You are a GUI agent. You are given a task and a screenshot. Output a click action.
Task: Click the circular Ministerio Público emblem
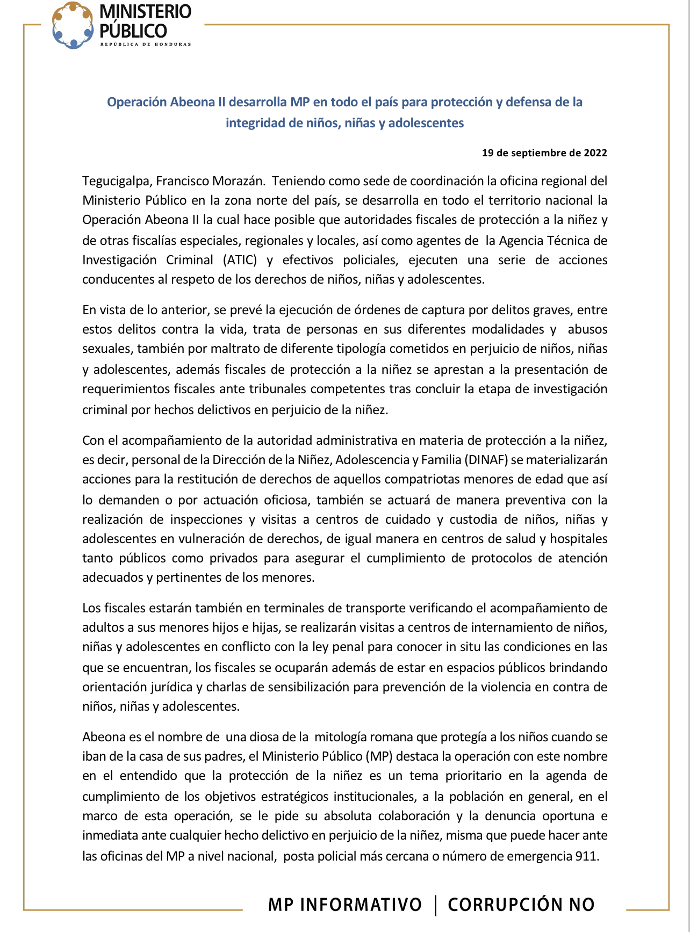tap(73, 25)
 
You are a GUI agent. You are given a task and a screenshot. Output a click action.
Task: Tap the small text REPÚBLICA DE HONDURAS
tap(145, 45)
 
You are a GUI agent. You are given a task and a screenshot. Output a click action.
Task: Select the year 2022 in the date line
tap(595, 153)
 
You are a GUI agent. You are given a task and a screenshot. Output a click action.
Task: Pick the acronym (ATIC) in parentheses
tap(240, 261)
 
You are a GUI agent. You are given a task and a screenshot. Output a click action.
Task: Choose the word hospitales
tap(578, 539)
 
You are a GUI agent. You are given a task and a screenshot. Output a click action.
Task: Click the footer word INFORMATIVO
tap(361, 905)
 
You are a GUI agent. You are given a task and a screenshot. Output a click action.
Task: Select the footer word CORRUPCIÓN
tap(505, 905)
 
